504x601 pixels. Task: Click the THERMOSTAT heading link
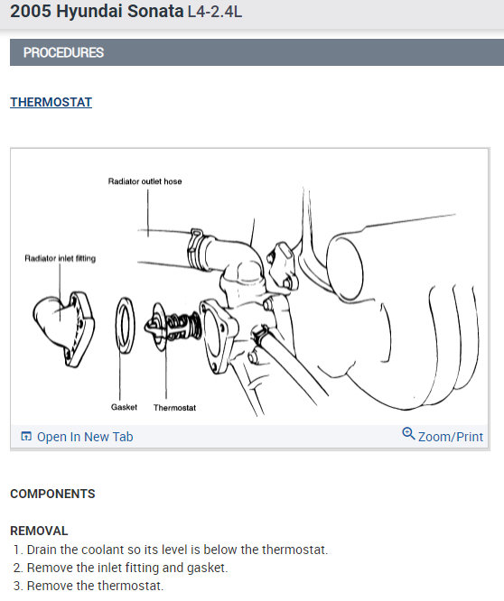click(x=51, y=102)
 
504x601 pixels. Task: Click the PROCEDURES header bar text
click(x=63, y=52)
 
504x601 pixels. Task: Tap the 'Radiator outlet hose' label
click(x=145, y=181)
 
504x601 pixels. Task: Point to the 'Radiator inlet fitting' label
click(x=60, y=259)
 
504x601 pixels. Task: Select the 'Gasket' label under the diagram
click(x=124, y=407)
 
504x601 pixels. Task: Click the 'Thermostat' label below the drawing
click(x=174, y=408)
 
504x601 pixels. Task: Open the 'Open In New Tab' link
click(x=85, y=437)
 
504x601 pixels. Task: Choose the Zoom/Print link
click(x=451, y=437)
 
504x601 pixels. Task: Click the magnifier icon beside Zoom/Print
click(x=408, y=434)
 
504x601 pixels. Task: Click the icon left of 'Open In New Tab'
click(x=25, y=437)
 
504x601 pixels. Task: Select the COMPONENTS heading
click(x=52, y=494)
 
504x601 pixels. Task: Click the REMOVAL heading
click(x=39, y=531)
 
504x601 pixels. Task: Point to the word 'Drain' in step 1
click(x=43, y=550)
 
